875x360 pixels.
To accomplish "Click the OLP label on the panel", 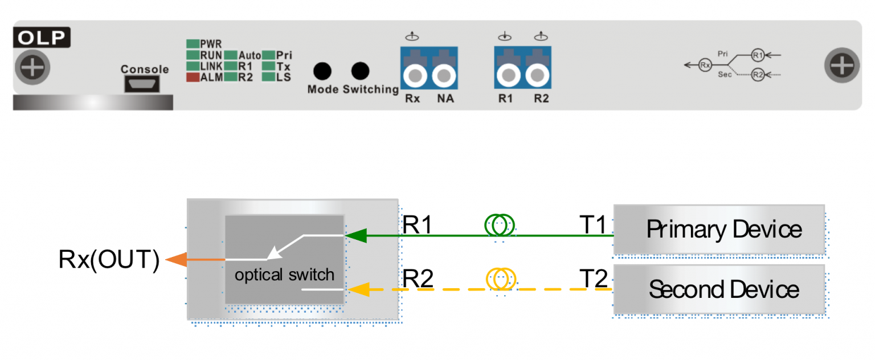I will (x=42, y=38).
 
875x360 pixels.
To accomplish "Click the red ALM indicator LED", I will (x=193, y=78).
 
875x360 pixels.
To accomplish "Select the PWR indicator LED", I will (x=193, y=44).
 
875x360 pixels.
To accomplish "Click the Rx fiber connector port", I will (x=416, y=74).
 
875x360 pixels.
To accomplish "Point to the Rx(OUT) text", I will (x=109, y=260).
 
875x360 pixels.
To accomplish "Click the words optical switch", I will (x=284, y=275).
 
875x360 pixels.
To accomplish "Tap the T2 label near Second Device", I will (x=593, y=279).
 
